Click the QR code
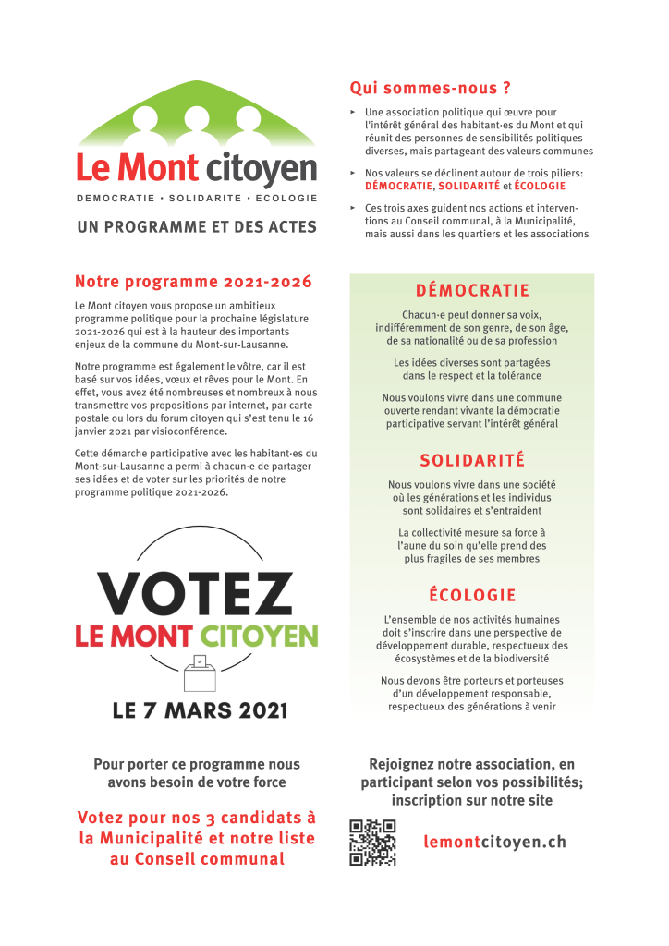click(x=372, y=842)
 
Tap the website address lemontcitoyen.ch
click(x=494, y=842)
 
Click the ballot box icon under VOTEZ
click(x=198, y=673)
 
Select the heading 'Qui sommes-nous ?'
click(x=430, y=89)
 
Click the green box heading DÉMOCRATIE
click(x=472, y=290)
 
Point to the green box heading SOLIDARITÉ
click(x=472, y=460)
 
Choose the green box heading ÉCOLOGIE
click(x=472, y=595)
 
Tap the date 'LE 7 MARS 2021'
click(x=200, y=710)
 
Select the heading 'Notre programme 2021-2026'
click(x=193, y=282)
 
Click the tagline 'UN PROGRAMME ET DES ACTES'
click(x=197, y=226)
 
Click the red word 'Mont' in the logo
click(x=160, y=169)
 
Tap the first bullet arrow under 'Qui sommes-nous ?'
click(x=353, y=113)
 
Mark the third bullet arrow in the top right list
click(x=353, y=208)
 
